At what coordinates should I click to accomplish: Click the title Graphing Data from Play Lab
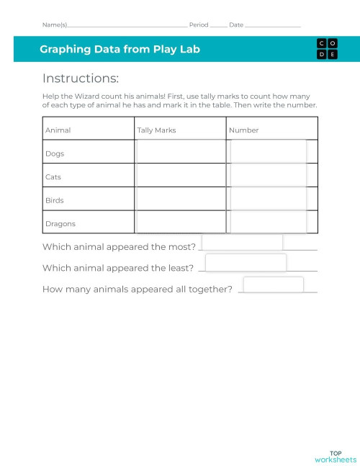[120, 50]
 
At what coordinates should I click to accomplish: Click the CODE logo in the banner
[326, 49]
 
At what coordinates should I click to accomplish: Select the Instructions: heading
[81, 79]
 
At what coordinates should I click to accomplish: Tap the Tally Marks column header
[156, 130]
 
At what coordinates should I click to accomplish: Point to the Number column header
[243, 130]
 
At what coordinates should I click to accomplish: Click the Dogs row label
[55, 153]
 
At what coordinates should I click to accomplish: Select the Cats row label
[53, 176]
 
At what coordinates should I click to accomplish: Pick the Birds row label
[55, 200]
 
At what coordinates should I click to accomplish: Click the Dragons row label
[60, 223]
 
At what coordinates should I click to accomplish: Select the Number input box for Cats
[268, 175]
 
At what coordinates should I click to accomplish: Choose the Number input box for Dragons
[268, 222]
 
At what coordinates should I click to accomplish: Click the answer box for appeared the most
[242, 243]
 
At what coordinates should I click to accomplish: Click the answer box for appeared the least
[246, 263]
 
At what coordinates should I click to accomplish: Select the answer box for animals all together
[273, 284]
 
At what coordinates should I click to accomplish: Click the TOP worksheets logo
[335, 456]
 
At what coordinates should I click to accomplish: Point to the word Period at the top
[199, 24]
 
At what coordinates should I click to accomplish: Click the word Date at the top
[236, 24]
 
